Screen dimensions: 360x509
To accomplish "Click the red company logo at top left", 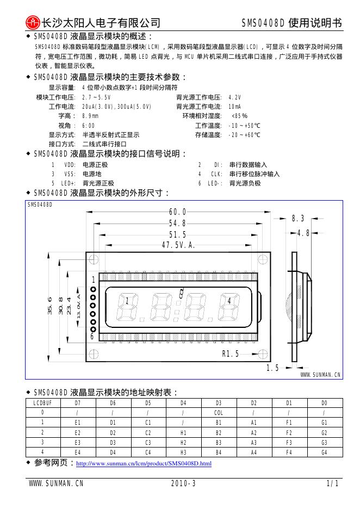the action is [33, 22].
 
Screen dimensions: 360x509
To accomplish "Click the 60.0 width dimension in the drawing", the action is [178, 212].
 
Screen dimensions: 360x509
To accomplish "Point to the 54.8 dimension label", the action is [178, 224].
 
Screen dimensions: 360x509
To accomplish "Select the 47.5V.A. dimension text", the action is [178, 246].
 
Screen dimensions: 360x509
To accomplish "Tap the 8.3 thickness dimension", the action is [298, 219].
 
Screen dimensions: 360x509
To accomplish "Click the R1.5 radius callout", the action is [230, 354].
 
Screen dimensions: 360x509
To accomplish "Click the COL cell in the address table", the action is [219, 413].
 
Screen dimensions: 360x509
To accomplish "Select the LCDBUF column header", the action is [42, 404].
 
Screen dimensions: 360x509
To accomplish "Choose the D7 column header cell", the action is [78, 404].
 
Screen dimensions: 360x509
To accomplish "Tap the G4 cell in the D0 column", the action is [324, 452].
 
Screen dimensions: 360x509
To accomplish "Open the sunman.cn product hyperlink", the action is [144, 464].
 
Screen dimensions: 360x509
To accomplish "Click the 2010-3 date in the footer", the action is [183, 483].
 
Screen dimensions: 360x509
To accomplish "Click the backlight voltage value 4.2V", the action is [234, 97].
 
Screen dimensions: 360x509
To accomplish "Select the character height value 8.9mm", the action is [90, 116].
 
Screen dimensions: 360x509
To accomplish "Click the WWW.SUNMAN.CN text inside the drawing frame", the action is [320, 375].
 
